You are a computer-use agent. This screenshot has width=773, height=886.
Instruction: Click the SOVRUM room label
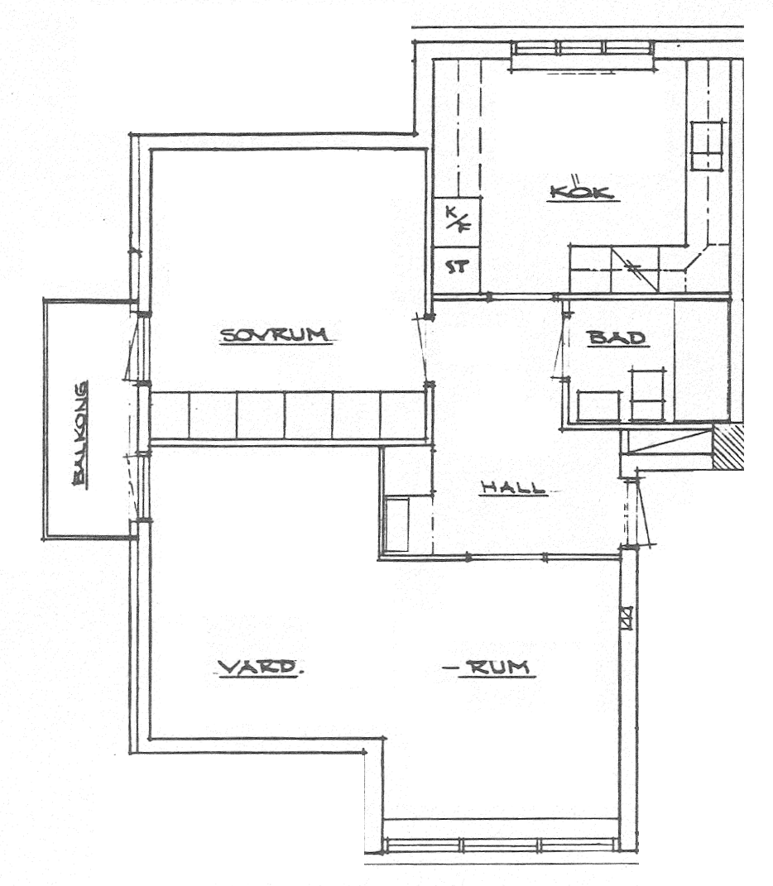tap(275, 335)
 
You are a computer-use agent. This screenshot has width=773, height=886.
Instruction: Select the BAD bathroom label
tap(617, 338)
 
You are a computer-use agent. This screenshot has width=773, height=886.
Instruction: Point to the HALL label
tap(513, 487)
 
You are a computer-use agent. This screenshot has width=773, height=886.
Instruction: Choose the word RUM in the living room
tap(497, 668)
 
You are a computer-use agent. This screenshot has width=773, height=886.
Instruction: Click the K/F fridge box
tap(457, 221)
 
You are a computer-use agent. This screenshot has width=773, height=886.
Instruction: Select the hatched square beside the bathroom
tap(727, 448)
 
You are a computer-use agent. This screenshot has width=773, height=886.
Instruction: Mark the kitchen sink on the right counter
tap(707, 146)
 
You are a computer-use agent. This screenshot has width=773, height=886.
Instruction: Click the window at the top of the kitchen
tap(583, 55)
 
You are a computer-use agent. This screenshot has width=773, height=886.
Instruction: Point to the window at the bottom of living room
tap(500, 845)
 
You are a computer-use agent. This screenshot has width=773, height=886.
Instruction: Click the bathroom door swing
tap(559, 345)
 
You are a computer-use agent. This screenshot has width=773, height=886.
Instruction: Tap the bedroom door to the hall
tap(422, 350)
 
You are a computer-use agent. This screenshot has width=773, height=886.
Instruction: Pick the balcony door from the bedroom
tap(135, 348)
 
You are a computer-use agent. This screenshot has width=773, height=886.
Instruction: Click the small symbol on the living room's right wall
tap(626, 617)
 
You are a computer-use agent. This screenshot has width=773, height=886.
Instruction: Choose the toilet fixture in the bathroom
tap(646, 395)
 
